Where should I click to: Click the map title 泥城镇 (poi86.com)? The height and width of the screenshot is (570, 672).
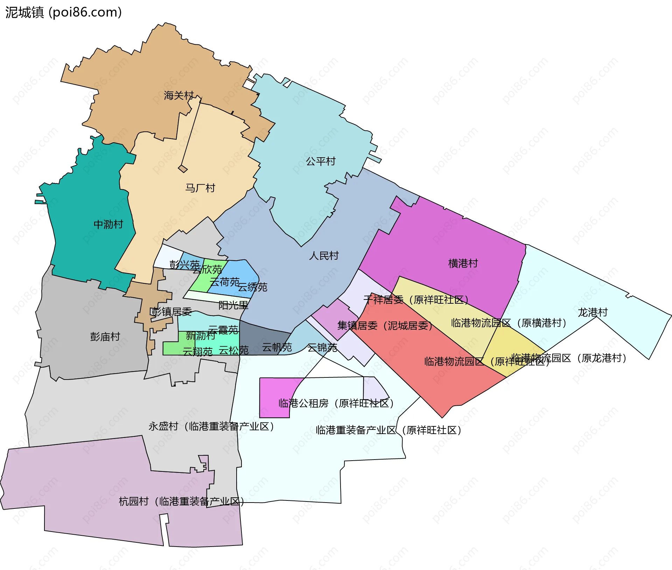[63, 12]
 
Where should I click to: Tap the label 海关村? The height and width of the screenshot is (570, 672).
[178, 95]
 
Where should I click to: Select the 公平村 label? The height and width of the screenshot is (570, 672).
[321, 161]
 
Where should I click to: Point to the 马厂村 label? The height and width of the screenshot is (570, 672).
[200, 188]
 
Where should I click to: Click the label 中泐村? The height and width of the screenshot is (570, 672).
[108, 224]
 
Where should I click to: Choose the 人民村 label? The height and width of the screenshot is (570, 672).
[324, 255]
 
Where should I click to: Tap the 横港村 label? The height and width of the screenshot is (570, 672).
[463, 263]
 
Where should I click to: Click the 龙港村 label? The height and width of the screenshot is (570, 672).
[593, 312]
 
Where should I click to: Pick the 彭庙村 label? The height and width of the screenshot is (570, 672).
[105, 337]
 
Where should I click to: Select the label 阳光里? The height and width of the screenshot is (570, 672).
[233, 305]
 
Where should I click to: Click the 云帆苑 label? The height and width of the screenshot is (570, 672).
[277, 347]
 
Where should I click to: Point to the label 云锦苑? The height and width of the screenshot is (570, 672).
[322, 347]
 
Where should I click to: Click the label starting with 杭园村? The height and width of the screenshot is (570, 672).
[181, 502]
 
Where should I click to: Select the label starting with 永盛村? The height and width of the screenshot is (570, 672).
[211, 426]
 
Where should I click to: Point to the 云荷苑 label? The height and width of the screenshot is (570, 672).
[224, 281]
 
